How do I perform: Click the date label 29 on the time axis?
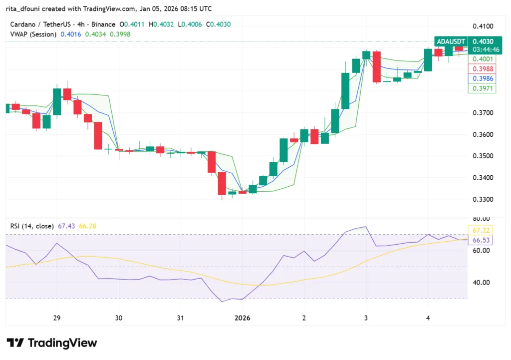(56, 318)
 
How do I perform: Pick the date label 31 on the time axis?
(180, 318)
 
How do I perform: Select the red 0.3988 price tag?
(479, 69)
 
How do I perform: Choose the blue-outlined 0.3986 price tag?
(479, 78)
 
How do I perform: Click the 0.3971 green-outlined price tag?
(479, 88)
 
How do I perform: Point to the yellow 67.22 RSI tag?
(479, 230)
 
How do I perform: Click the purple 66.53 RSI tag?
(479, 240)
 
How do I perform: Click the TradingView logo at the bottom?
(52, 343)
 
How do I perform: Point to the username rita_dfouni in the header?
(23, 8)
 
